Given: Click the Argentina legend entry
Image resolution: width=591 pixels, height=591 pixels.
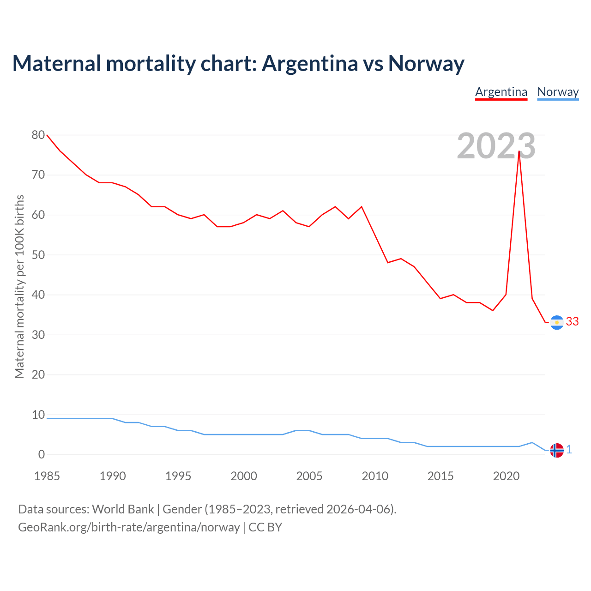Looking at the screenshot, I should tap(501, 92).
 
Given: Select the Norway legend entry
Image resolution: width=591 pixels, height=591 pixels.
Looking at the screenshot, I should tap(558, 92).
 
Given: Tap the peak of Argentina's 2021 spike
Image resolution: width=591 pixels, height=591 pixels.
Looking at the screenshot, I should tap(519, 151).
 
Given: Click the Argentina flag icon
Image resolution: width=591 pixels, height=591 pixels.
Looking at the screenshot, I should tap(557, 322).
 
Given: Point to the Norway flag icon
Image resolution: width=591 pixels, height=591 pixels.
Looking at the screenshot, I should tap(557, 450).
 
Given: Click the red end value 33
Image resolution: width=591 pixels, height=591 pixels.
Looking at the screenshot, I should tap(572, 322).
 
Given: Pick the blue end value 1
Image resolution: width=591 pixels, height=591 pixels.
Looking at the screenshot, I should tap(569, 450).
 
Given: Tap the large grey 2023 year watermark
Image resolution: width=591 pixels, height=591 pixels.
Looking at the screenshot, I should tap(496, 146).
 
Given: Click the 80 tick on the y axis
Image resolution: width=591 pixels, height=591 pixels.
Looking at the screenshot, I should tap(38, 135).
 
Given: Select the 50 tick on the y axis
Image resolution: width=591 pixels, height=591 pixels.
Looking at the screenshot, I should tap(38, 255).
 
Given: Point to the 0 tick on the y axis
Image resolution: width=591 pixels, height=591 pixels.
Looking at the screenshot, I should tap(42, 454).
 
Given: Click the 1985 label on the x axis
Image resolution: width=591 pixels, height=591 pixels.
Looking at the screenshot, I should tap(47, 476).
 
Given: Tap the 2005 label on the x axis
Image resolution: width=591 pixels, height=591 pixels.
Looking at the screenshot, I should tap(309, 476).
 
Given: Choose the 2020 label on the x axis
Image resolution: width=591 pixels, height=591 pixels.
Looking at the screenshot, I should tap(506, 476).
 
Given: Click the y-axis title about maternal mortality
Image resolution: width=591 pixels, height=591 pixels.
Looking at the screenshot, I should tap(19, 286).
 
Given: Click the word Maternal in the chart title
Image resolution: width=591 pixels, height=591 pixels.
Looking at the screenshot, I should tap(57, 64).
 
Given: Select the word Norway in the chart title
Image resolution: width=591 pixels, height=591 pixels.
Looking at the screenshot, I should tap(426, 64).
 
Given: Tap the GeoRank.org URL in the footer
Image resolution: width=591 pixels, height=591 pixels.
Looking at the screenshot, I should tap(129, 527).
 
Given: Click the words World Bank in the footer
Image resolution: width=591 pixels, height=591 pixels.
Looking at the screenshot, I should tap(123, 509).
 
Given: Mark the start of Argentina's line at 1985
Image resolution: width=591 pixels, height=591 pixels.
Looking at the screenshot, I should tap(47, 135).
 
